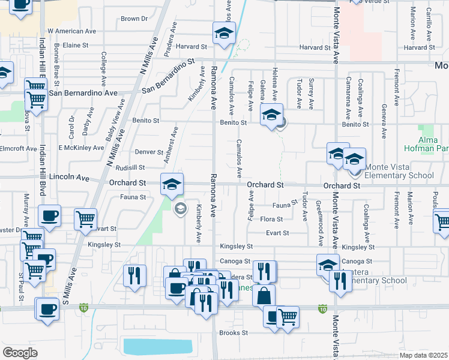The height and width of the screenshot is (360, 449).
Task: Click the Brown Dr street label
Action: (x=134, y=19)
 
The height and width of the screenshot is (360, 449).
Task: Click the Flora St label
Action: (x=271, y=219)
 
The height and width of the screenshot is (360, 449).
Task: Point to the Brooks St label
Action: (x=234, y=332)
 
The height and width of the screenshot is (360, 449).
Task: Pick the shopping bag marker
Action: (x=264, y=295)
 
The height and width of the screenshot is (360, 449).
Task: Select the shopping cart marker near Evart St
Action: (x=86, y=219)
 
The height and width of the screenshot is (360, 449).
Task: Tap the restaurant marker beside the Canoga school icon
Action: (x=340, y=281)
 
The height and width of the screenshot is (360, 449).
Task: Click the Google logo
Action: (x=20, y=353)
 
